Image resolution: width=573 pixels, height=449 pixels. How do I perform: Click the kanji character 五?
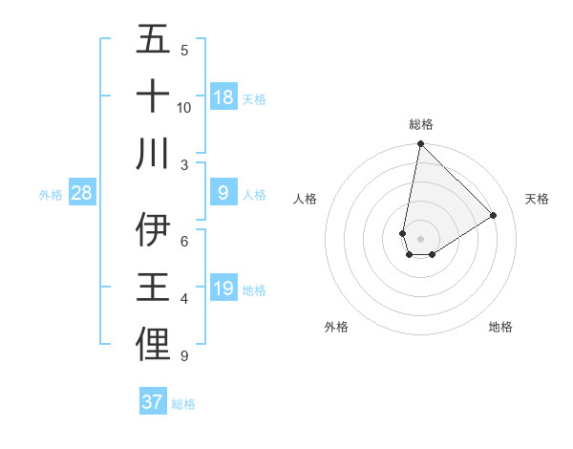coord(153,41)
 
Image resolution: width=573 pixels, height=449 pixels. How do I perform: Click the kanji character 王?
coord(153,289)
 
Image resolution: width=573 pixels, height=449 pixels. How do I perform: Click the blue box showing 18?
coord(223,97)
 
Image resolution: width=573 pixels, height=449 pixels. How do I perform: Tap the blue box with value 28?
coord(82,194)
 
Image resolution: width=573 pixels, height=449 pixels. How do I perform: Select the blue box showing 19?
coord(223,289)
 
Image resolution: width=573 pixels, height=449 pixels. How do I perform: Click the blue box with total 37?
coord(153,402)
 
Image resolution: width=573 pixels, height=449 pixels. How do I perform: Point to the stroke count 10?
coord(184,107)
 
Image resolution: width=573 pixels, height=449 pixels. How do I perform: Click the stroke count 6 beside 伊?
coord(184,243)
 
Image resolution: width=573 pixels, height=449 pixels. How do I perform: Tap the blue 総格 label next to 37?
coord(183,403)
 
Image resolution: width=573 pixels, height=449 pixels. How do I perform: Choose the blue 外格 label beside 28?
coord(51,195)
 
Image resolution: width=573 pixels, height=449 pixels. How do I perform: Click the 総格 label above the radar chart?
coord(420,124)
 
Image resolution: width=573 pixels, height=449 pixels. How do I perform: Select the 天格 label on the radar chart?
coord(537,199)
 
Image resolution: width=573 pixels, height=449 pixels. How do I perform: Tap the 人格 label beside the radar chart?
coord(306,199)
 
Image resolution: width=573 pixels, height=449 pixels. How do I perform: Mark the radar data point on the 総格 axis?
coord(420,144)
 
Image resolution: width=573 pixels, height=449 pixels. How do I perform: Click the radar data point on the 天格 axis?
coord(493,215)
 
